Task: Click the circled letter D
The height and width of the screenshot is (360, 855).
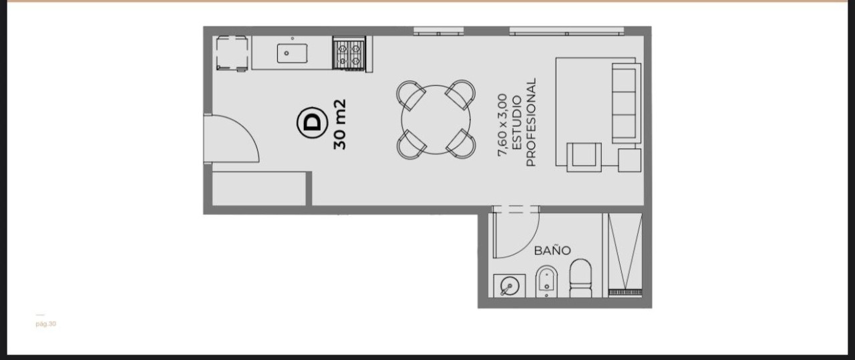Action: pos(312,122)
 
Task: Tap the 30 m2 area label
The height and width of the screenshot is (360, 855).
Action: pos(340,124)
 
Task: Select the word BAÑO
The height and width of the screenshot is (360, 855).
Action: pos(552,251)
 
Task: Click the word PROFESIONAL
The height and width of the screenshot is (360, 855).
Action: pos(531,122)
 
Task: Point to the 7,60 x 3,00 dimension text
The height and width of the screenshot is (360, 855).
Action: pos(502,125)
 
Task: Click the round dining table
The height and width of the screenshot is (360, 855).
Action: pos(436,120)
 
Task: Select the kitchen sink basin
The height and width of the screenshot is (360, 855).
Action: pos(292,53)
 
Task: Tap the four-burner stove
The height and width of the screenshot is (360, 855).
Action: pos(349,53)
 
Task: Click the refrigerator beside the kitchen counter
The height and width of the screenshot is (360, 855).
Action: pos(232,53)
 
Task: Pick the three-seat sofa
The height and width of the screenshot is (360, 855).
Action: pos(627,103)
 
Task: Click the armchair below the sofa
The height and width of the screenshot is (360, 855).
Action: pos(584,157)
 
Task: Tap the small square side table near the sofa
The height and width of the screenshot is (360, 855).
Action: pos(629,160)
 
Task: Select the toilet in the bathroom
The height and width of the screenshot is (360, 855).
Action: pos(580,278)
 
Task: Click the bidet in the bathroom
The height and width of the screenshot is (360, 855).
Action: pos(546,282)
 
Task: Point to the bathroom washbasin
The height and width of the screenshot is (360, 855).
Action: pos(509,286)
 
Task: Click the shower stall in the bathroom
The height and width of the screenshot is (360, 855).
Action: pos(625,254)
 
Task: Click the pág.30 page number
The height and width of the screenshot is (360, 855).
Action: pos(46,324)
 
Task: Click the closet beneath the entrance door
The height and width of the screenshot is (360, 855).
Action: pos(259,189)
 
